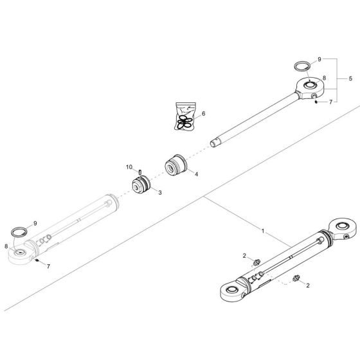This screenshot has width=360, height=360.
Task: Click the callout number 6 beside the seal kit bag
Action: [203, 114]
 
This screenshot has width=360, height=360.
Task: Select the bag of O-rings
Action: [186, 116]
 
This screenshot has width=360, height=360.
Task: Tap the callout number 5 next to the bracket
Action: [350, 78]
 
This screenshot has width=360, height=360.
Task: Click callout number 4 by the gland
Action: [196, 174]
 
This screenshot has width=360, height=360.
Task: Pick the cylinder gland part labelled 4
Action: [176, 165]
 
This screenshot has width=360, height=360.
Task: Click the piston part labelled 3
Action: [141, 185]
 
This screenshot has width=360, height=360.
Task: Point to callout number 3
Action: [160, 193]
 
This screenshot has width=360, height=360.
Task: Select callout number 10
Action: [129, 167]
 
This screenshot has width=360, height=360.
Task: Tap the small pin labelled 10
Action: [140, 172]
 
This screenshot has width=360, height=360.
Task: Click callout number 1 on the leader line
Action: [263, 231]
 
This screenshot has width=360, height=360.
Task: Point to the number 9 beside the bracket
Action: [319, 59]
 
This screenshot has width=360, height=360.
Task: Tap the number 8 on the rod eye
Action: [324, 78]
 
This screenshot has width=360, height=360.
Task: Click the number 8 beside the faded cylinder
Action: [6, 246]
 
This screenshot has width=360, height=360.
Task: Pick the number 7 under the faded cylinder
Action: [48, 267]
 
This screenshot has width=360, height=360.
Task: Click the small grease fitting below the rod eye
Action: [316, 102]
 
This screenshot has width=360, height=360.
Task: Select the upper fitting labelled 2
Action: [257, 262]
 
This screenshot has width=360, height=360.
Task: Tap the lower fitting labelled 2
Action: [296, 278]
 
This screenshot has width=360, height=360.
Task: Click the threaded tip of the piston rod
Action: [214, 144]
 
